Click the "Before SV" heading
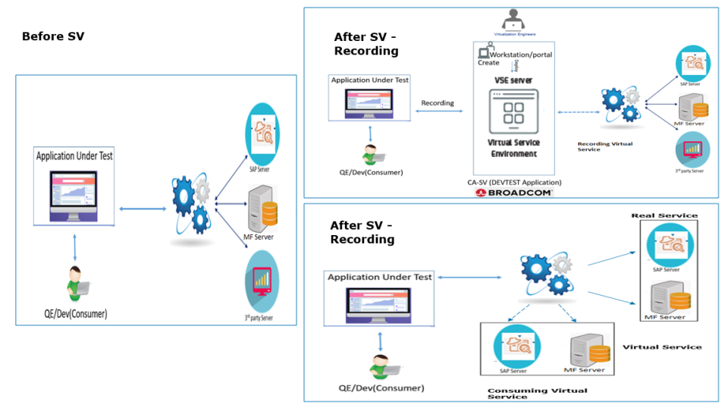click(53, 36)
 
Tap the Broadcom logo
click(514, 193)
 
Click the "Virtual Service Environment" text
click(513, 148)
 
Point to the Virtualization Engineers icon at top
click(513, 20)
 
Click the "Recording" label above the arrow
click(438, 103)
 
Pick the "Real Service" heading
click(664, 215)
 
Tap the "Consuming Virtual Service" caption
click(537, 394)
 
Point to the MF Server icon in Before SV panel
click(262, 209)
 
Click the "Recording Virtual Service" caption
click(605, 146)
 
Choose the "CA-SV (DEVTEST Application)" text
click(514, 183)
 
